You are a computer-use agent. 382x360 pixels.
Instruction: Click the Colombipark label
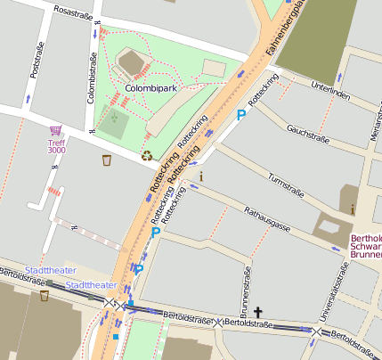coord(150,89)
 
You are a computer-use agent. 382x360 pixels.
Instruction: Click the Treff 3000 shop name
coord(56,146)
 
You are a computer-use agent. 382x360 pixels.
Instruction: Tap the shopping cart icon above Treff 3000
coord(56,130)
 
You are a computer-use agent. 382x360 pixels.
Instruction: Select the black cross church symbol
coord(259,312)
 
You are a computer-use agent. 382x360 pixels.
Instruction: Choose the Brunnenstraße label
coord(247,291)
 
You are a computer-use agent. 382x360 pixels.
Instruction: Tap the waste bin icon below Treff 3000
coord(107,160)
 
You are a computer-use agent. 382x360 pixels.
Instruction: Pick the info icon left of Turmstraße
coord(201,176)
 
